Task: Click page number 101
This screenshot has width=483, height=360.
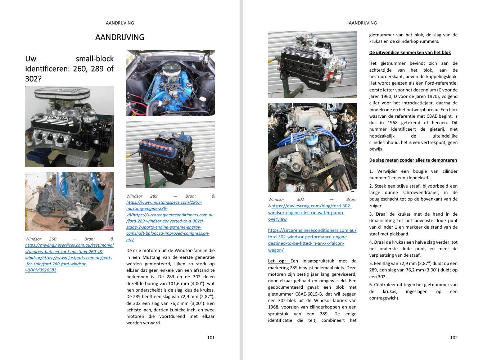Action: (x=211, y=338)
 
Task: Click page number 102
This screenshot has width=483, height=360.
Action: (x=454, y=338)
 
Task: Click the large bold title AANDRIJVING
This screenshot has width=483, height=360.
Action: (x=120, y=37)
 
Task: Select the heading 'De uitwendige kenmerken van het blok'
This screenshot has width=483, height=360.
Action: (x=410, y=53)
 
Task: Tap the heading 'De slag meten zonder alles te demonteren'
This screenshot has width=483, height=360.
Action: (x=413, y=160)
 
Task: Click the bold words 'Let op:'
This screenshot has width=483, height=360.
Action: (x=277, y=261)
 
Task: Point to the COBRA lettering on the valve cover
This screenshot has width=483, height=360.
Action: (x=58, y=118)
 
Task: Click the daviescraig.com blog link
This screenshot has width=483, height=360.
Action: (x=310, y=212)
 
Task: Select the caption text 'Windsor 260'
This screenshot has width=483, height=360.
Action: (x=41, y=239)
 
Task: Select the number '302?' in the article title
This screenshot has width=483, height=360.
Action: (x=33, y=79)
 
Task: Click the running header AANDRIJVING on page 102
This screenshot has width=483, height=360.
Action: (x=363, y=23)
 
